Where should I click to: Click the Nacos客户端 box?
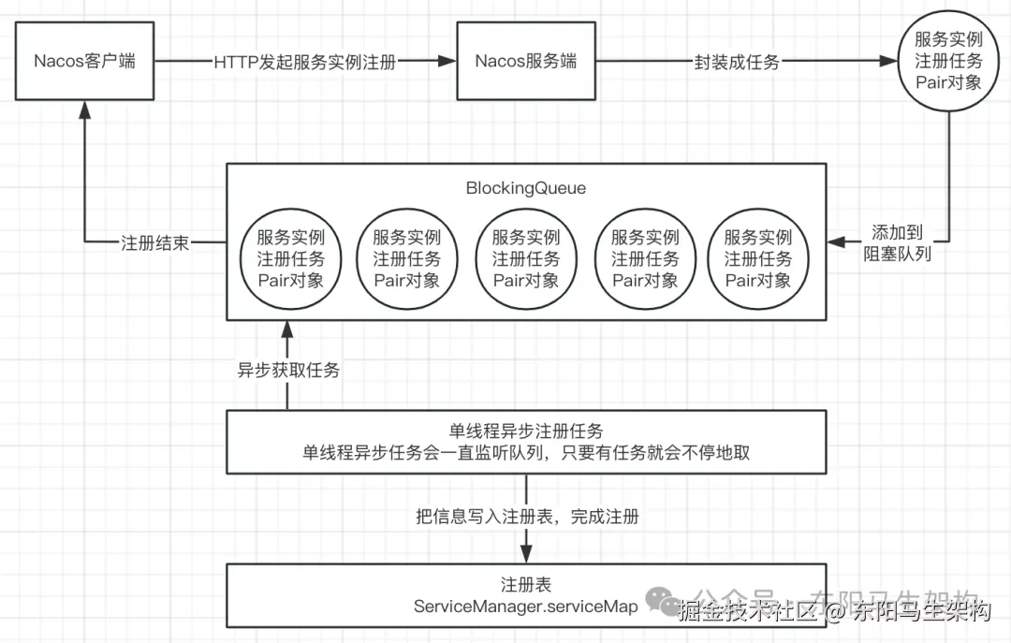[84, 62]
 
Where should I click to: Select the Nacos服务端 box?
[525, 62]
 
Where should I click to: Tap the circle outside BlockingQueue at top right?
[948, 62]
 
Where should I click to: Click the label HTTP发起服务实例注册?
[305, 62]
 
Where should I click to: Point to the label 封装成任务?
[737, 62]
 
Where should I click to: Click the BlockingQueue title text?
[525, 188]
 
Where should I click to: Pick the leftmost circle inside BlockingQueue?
[289, 258]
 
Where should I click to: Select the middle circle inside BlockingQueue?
[525, 258]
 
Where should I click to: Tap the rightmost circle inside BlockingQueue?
[757, 258]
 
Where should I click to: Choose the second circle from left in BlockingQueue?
[406, 258]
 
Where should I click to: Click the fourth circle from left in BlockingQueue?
[644, 258]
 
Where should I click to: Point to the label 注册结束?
[154, 242]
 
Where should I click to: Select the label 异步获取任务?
[288, 370]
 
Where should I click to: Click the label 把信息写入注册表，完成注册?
[527, 516]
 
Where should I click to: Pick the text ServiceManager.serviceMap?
[525, 606]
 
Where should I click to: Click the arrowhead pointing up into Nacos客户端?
[84, 109]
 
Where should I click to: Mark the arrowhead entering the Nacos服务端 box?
[447, 62]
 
